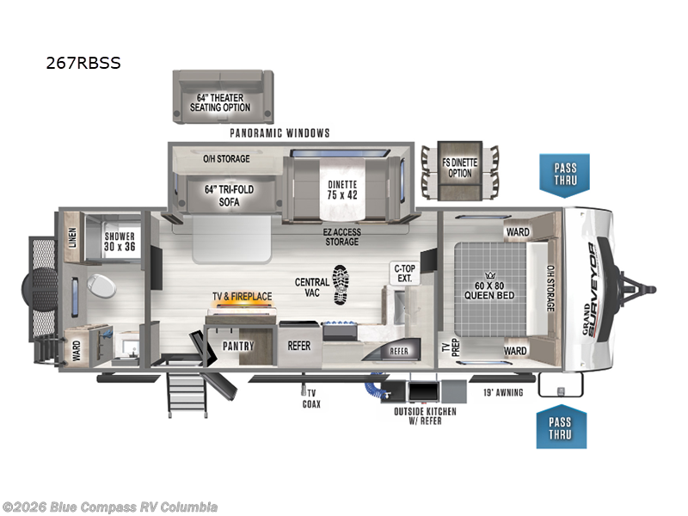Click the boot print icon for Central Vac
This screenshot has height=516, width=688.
(341, 283)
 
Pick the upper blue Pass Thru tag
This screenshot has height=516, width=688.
(565, 174)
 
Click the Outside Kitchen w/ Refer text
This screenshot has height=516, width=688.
(426, 416)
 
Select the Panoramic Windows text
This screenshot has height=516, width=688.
(279, 133)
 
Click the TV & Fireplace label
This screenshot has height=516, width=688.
(243, 297)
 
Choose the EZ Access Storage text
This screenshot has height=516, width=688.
(341, 236)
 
